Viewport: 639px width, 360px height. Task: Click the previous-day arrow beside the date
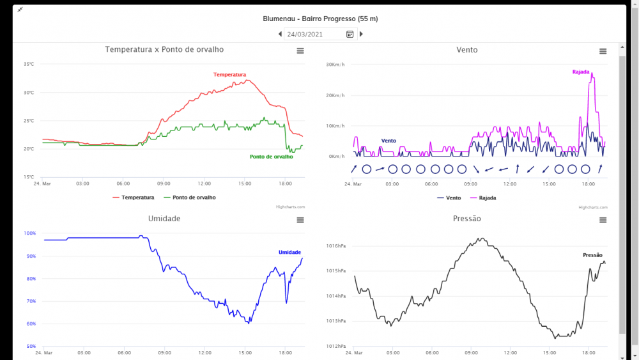(280, 34)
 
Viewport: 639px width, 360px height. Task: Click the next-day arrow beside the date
(361, 34)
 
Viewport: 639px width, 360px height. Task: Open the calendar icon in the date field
(350, 35)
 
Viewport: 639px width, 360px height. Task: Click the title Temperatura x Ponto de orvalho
(164, 49)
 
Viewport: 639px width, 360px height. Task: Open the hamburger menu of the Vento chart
(603, 51)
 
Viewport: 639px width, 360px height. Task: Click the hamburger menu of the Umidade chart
(300, 220)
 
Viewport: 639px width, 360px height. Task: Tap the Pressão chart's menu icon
(603, 220)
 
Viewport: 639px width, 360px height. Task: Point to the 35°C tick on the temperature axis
(29, 64)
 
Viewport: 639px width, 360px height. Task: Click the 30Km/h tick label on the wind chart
(335, 65)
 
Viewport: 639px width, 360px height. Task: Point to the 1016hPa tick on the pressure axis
(335, 246)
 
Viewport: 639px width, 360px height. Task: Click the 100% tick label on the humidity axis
(29, 233)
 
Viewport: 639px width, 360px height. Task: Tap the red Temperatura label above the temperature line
(229, 75)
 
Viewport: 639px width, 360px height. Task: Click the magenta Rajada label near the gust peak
(580, 72)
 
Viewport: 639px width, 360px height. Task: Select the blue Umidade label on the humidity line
(289, 252)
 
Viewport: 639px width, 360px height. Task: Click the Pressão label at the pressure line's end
(592, 255)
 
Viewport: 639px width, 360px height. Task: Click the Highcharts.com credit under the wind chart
(593, 207)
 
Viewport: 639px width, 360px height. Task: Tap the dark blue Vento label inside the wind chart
(389, 140)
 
